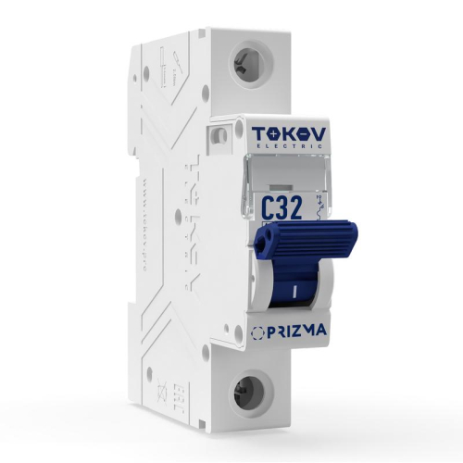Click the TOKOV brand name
point(286,134)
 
